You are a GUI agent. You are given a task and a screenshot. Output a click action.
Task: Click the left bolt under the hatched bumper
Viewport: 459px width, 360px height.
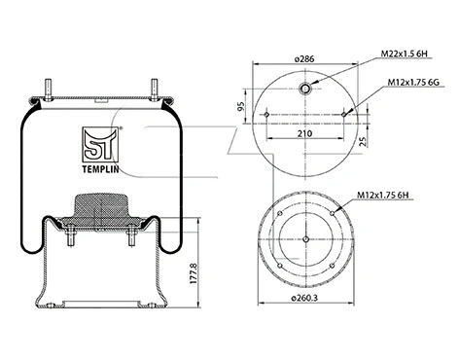coord(71,237)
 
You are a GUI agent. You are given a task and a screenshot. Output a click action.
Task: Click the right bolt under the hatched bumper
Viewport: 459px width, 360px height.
coord(129,237)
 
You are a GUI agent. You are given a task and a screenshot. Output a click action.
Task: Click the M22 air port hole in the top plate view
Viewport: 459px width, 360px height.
coord(305,90)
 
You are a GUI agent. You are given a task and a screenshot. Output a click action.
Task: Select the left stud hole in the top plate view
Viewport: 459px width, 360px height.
coord(265,116)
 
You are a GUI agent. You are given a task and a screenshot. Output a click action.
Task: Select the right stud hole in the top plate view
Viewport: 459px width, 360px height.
coord(345,116)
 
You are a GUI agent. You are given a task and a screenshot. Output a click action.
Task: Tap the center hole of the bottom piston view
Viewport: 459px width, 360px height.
coord(305,239)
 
